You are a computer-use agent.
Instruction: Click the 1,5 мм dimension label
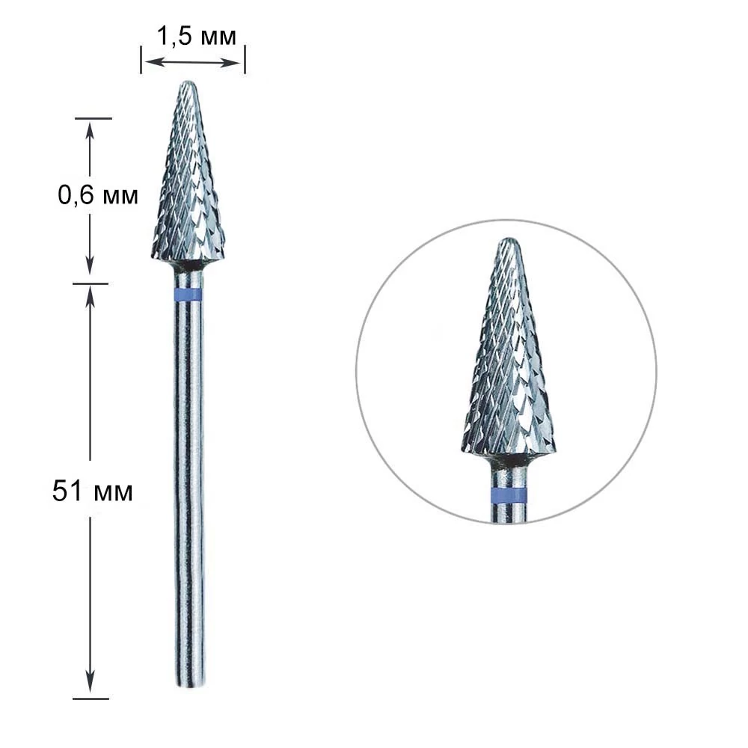point(197,36)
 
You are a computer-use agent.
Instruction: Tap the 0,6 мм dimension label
point(98,195)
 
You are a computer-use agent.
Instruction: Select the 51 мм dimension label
point(93,491)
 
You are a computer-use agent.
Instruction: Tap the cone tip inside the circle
point(509,239)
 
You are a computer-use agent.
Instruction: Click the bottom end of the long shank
point(190,687)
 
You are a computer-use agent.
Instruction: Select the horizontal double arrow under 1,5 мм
point(193,62)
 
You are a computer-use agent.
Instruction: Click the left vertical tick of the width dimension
point(141,60)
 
